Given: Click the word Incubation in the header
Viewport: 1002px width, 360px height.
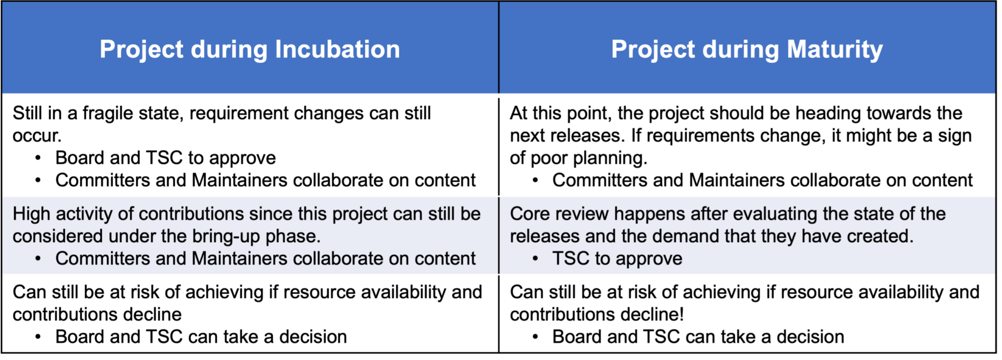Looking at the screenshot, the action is (337, 49).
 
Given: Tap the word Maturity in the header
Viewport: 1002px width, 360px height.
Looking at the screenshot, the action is (835, 50).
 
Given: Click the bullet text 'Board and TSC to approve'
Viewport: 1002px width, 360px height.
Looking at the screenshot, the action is (165, 158).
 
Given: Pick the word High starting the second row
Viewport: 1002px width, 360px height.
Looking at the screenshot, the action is (32, 214).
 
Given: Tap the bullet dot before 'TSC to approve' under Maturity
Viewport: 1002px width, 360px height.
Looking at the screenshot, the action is (535, 259).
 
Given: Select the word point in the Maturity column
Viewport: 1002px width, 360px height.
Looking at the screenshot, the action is (588, 114).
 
